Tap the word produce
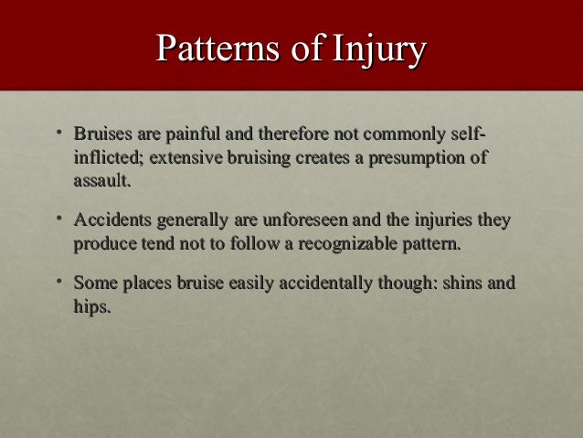point(103,244)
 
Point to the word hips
point(91,307)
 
